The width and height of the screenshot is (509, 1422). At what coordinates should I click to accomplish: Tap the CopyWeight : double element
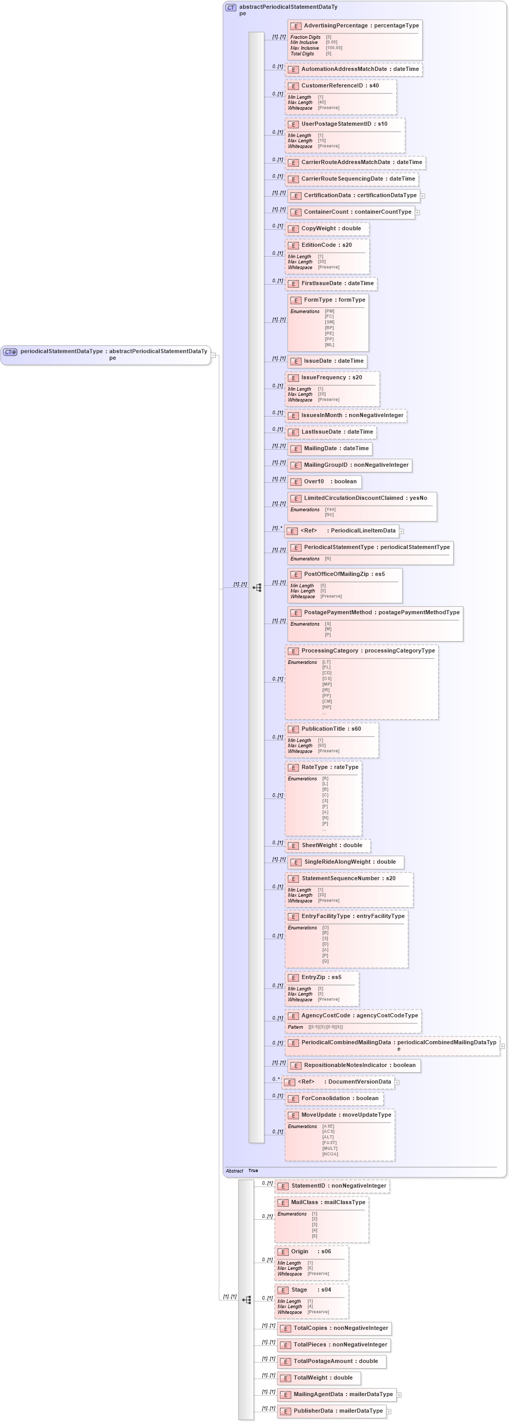tap(327, 229)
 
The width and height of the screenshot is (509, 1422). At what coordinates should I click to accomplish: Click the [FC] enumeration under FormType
tap(329, 317)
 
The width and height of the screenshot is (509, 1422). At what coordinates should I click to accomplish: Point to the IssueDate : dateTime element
tap(327, 361)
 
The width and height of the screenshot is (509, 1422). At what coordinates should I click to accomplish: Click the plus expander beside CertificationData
tap(422, 196)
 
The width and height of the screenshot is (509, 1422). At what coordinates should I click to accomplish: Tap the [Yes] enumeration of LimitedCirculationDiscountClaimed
tap(330, 510)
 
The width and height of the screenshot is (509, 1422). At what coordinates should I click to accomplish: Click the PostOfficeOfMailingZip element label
tap(344, 574)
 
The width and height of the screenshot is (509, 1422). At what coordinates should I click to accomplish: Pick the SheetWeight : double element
tap(327, 845)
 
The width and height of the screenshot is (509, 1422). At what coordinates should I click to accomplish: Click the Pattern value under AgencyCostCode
tap(325, 1027)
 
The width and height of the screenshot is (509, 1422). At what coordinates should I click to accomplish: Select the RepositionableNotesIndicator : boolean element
tap(353, 1065)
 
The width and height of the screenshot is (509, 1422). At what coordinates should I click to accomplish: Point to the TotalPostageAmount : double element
tap(331, 1361)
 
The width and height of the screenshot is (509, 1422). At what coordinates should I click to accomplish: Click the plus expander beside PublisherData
tap(388, 1411)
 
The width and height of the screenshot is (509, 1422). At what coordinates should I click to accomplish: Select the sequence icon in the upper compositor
tap(257, 587)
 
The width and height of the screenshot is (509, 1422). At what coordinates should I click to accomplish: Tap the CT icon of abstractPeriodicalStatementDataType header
tap(231, 8)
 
